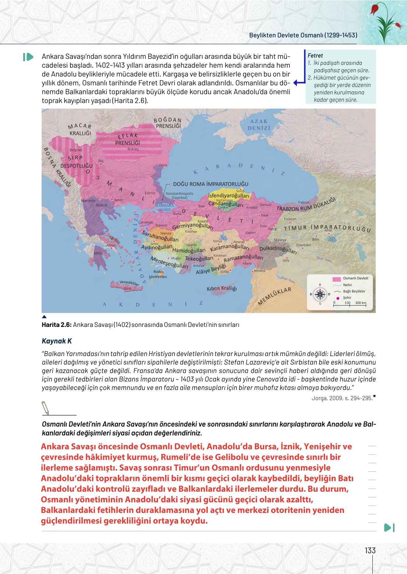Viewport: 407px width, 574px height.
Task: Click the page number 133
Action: (370, 550)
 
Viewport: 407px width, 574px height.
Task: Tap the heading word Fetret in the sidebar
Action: (315, 56)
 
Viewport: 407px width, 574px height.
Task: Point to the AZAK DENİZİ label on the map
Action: (259, 124)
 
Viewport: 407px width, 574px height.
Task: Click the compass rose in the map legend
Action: (320, 294)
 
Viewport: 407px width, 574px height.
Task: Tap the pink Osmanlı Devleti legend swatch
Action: (336, 279)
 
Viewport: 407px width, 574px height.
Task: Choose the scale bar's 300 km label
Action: (360, 303)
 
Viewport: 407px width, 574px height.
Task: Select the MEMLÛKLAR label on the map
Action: (274, 296)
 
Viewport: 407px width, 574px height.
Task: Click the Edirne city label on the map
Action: (150, 193)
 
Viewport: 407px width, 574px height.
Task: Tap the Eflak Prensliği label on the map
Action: (127, 139)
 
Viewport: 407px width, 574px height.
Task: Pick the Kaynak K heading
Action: (57, 341)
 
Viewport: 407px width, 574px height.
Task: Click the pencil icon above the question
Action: (46, 408)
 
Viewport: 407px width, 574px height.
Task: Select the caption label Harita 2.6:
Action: (56, 325)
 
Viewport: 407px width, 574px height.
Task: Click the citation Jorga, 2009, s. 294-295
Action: (342, 398)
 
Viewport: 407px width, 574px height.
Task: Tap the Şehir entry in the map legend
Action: (347, 297)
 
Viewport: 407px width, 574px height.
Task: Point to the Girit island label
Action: (127, 289)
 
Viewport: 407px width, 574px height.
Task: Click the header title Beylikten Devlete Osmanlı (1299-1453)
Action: (303, 35)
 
